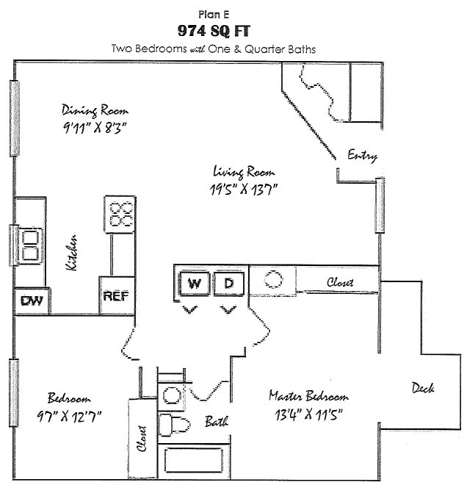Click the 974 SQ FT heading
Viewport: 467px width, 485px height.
(x=214, y=31)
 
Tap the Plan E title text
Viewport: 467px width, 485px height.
(x=214, y=13)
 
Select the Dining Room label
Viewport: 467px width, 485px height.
(x=91, y=110)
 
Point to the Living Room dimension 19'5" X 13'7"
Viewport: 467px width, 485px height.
(x=244, y=189)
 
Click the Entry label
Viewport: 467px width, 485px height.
(x=362, y=155)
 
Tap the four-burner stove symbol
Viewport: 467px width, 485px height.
(x=120, y=214)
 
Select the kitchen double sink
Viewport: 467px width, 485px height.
(x=30, y=246)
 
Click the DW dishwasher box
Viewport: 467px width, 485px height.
(x=30, y=300)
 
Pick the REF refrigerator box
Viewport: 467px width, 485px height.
(x=116, y=295)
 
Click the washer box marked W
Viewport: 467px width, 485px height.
(x=194, y=284)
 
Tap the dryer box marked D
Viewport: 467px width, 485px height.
(x=228, y=284)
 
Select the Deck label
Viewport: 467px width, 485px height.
(x=422, y=387)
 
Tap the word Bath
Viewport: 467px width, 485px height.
(x=216, y=421)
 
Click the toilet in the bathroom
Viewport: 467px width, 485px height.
(x=175, y=425)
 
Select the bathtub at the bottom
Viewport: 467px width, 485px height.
(x=192, y=460)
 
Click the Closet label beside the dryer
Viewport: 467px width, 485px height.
(x=339, y=282)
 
